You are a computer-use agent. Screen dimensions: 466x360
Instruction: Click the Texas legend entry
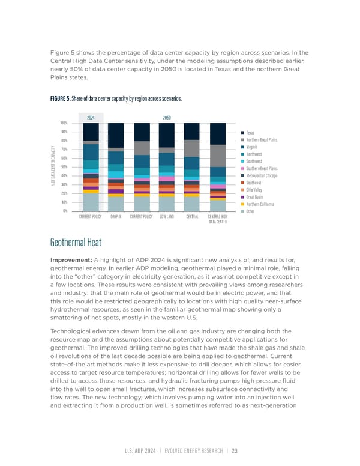250,132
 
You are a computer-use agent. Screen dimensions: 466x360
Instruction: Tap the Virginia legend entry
251,147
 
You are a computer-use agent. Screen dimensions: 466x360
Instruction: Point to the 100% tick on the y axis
64,123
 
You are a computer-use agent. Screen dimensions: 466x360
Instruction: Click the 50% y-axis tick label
64,167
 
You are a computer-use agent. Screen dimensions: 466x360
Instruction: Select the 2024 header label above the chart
91,118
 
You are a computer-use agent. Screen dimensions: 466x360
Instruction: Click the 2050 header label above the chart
167,118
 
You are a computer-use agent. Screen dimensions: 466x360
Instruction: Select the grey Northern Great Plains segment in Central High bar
218,156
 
